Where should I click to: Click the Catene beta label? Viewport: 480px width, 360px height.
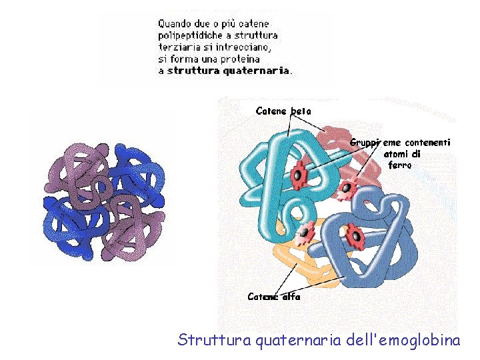[283, 111]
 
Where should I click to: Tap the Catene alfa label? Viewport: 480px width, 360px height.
[273, 297]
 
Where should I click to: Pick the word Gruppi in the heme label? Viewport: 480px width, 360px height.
[365, 142]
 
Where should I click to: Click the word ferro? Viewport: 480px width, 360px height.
[400, 165]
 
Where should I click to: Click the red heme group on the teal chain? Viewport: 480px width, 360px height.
[299, 173]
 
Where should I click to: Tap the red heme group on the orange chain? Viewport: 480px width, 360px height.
[305, 231]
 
